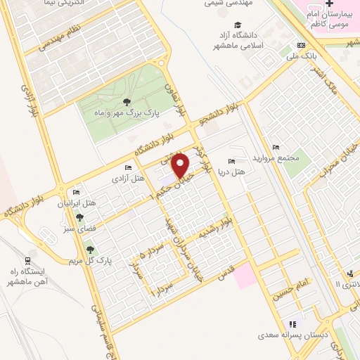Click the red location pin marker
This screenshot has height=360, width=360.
pyautogui.click(x=181, y=165)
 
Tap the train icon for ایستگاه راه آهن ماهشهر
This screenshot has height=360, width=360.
pyautogui.click(x=31, y=259)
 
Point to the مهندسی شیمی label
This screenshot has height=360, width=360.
pyautogui.click(x=224, y=3)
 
